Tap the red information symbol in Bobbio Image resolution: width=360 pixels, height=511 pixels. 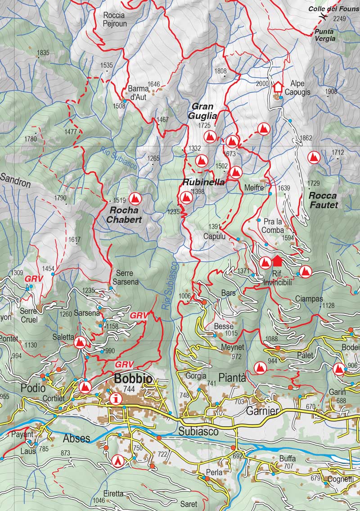click(x=117, y=398)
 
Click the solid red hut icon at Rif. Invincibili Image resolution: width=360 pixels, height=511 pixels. click(x=277, y=261)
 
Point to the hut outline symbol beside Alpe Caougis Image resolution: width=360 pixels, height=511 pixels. click(x=277, y=86)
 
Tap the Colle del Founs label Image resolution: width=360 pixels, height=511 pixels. click(x=333, y=9)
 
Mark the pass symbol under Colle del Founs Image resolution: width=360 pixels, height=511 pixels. click(x=322, y=16)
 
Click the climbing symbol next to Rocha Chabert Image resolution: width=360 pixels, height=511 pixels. click(x=134, y=198)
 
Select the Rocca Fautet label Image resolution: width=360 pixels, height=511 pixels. click(x=324, y=200)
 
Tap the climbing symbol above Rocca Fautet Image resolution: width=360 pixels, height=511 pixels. click(x=313, y=158)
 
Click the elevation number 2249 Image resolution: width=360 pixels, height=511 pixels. click(x=340, y=18)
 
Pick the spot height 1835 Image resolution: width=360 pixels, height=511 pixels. click(x=43, y=53)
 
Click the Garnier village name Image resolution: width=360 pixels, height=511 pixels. click(x=262, y=412)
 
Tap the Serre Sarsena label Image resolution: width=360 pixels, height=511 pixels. click(x=127, y=277)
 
